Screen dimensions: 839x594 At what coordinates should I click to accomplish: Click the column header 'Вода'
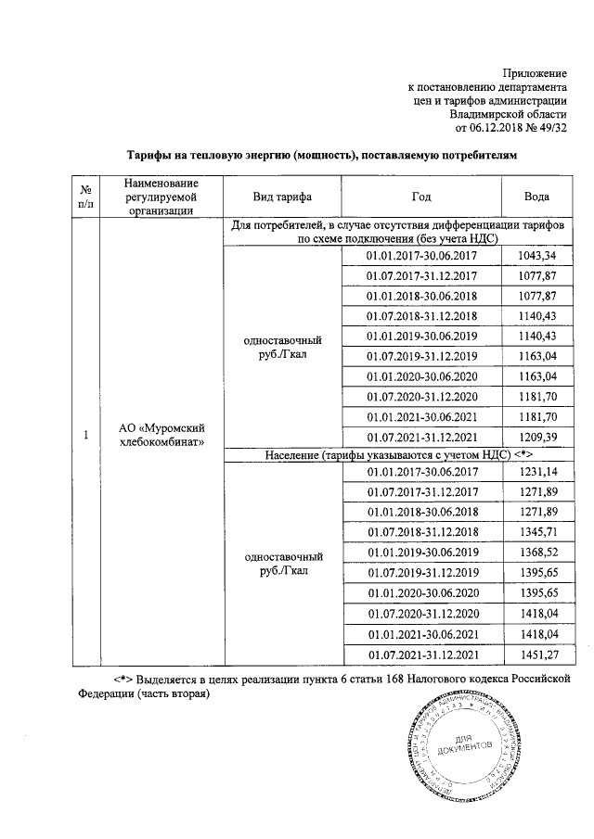pos(536,197)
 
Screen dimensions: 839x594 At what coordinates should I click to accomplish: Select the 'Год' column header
pos(422,197)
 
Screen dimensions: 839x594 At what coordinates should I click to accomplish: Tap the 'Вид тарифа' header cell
pos(282,197)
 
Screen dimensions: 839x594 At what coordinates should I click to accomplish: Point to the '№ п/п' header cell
pos(86,197)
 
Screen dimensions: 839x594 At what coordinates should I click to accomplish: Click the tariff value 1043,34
pos(536,255)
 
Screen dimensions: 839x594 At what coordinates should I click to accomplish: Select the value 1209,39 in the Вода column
pos(536,436)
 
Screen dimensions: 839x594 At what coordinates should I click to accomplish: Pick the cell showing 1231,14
pos(536,472)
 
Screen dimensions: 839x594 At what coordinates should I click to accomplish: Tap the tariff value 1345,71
pos(536,532)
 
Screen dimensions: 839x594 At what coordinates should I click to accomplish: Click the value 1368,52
pos(536,553)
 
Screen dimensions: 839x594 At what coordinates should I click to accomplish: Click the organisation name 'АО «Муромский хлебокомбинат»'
pos(161,434)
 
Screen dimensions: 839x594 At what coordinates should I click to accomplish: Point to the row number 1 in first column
pos(86,435)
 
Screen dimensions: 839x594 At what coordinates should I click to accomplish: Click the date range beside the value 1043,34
pos(422,255)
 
